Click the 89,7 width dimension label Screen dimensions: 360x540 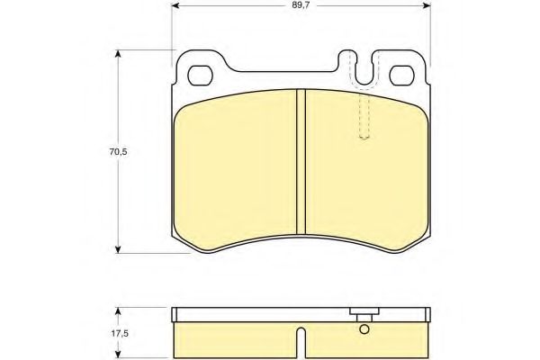301,5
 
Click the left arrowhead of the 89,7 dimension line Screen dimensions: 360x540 176,5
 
